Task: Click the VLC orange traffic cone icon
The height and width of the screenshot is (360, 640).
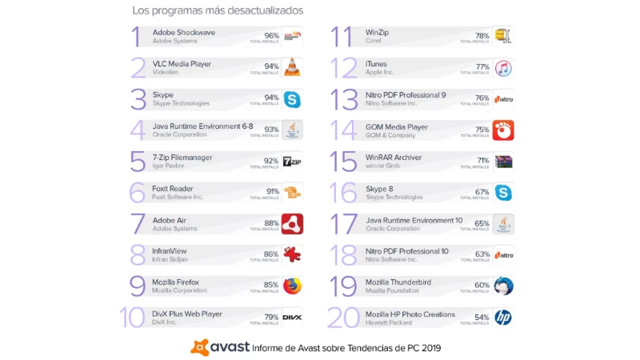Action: point(292,68)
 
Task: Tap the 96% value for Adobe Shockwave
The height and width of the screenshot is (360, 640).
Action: point(272,36)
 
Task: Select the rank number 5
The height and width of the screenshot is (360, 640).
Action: point(138,161)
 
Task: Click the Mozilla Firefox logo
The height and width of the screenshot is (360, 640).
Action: point(292,286)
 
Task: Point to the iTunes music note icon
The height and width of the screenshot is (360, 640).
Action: point(503,68)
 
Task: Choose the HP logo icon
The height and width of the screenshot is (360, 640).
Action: point(503,318)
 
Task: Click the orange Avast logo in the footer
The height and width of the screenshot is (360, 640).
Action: point(199,348)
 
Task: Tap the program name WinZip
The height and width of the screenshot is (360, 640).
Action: point(377,32)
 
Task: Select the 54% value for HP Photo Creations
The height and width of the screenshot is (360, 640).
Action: point(482,317)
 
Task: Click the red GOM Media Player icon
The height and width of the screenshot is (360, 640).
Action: point(503,130)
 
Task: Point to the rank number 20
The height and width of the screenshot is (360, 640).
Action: point(343,318)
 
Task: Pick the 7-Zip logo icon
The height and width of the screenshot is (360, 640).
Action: point(292,162)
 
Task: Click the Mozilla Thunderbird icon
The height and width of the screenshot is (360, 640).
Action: point(503,286)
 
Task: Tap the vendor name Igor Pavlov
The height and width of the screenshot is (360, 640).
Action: point(168,166)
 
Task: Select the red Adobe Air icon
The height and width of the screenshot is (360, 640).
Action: point(292,224)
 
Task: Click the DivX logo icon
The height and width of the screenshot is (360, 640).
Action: point(292,318)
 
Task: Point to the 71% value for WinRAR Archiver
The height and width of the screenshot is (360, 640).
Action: point(483,160)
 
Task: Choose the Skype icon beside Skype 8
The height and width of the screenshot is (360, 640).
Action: point(503,193)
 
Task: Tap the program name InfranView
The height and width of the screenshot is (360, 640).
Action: point(169,251)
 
